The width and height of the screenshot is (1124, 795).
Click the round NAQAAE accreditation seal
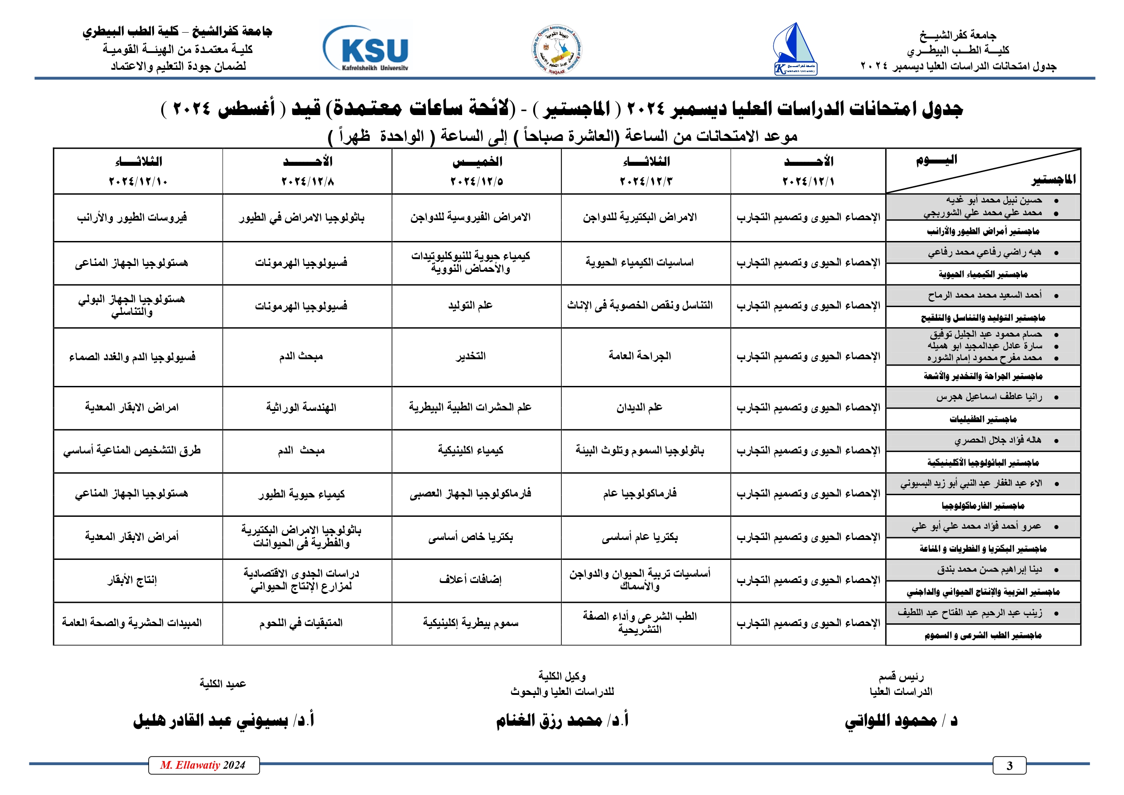click(x=557, y=50)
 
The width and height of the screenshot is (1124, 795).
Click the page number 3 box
click(x=1009, y=766)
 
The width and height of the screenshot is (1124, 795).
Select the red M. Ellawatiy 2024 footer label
click(x=203, y=765)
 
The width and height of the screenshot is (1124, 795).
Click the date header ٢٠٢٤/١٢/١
click(x=808, y=182)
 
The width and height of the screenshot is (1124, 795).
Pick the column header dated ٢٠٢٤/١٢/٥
click(x=476, y=182)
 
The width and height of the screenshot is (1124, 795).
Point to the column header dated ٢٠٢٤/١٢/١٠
click(x=138, y=182)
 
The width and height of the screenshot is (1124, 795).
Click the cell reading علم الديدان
click(x=639, y=407)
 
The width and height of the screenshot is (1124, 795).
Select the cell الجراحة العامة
click(x=639, y=356)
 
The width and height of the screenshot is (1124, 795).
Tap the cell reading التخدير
click(x=470, y=356)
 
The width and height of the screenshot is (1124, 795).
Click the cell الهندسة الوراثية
click(x=301, y=407)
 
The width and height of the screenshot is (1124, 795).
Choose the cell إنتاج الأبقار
click(x=132, y=580)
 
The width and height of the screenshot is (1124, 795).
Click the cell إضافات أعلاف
click(x=470, y=580)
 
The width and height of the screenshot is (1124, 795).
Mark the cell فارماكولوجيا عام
click(x=639, y=493)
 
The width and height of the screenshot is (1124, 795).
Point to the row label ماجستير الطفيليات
click(x=983, y=419)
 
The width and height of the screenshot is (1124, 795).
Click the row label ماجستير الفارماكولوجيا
click(x=983, y=505)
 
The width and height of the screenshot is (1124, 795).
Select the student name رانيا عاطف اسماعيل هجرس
click(x=989, y=397)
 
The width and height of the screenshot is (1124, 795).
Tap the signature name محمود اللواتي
click(x=891, y=721)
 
